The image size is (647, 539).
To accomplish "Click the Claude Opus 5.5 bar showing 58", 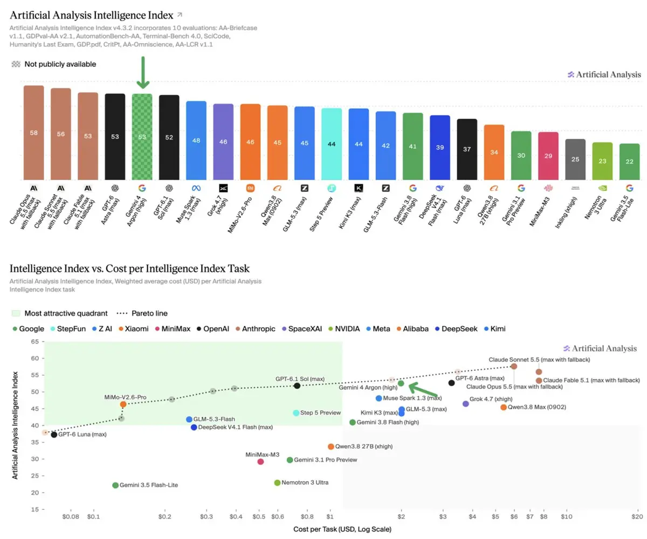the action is tap(34, 133).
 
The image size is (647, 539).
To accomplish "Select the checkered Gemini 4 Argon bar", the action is tap(142, 136).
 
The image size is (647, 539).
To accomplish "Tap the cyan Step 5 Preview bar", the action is tap(332, 144).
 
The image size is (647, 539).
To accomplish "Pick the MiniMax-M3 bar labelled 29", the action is tap(548, 156).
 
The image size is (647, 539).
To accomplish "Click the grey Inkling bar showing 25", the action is tap(575, 159).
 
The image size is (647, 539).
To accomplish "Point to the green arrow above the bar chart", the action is tap(143, 72).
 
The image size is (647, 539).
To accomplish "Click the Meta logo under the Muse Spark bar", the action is tap(196, 188).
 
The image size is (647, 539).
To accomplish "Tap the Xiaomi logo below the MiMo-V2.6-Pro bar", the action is tap(250, 188).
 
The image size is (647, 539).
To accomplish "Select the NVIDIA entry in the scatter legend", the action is tap(344, 329).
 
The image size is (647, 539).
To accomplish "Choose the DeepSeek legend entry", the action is tap(456, 329).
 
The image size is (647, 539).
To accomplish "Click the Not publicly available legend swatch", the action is tap(16, 64).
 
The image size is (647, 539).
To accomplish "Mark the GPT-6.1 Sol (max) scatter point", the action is tap(297, 386).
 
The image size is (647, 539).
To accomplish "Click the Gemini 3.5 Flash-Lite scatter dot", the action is tap(115, 485).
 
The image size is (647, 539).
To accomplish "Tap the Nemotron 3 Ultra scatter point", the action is tap(277, 482).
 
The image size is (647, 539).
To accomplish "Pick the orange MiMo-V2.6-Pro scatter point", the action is tap(123, 404).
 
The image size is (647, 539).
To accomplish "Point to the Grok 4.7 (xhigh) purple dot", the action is tap(465, 404).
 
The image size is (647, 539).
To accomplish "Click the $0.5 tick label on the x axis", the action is tap(259, 516).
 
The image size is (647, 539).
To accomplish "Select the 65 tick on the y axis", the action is tap(35, 341).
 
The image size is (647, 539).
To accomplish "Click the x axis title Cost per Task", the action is tap(342, 529).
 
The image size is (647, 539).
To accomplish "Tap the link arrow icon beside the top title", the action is tap(180, 15).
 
